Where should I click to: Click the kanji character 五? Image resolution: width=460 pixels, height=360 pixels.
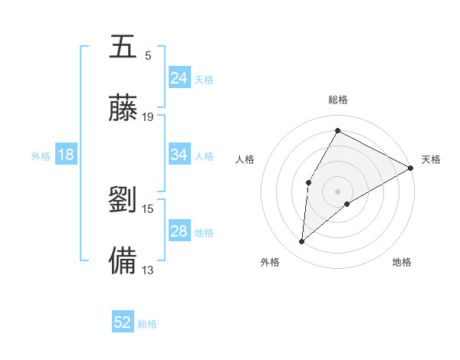123,47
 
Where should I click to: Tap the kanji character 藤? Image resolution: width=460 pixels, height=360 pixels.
123,107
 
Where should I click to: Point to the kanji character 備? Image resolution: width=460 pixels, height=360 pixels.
123,260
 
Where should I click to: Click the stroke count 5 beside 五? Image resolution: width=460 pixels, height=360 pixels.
148,56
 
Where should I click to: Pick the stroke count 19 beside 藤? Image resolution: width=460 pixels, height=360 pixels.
148,116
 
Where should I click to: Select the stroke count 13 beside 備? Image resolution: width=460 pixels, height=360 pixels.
148,269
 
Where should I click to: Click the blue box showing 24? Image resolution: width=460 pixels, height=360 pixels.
179,78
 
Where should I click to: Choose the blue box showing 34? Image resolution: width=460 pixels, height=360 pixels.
179,155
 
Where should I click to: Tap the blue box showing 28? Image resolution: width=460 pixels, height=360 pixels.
179,232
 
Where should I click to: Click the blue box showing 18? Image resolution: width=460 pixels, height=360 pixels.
66,155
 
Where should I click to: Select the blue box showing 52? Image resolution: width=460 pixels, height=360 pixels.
123,323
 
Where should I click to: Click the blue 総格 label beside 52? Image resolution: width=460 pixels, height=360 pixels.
147,324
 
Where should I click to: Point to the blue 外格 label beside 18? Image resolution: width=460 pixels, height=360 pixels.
41,156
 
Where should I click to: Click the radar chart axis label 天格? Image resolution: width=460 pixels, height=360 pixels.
431,159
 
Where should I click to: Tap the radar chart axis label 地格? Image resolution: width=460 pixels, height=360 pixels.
402,262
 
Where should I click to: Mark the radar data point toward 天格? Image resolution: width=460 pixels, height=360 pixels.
411,168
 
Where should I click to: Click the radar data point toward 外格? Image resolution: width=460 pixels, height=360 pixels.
302,242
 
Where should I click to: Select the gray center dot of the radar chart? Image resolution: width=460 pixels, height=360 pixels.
337,191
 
